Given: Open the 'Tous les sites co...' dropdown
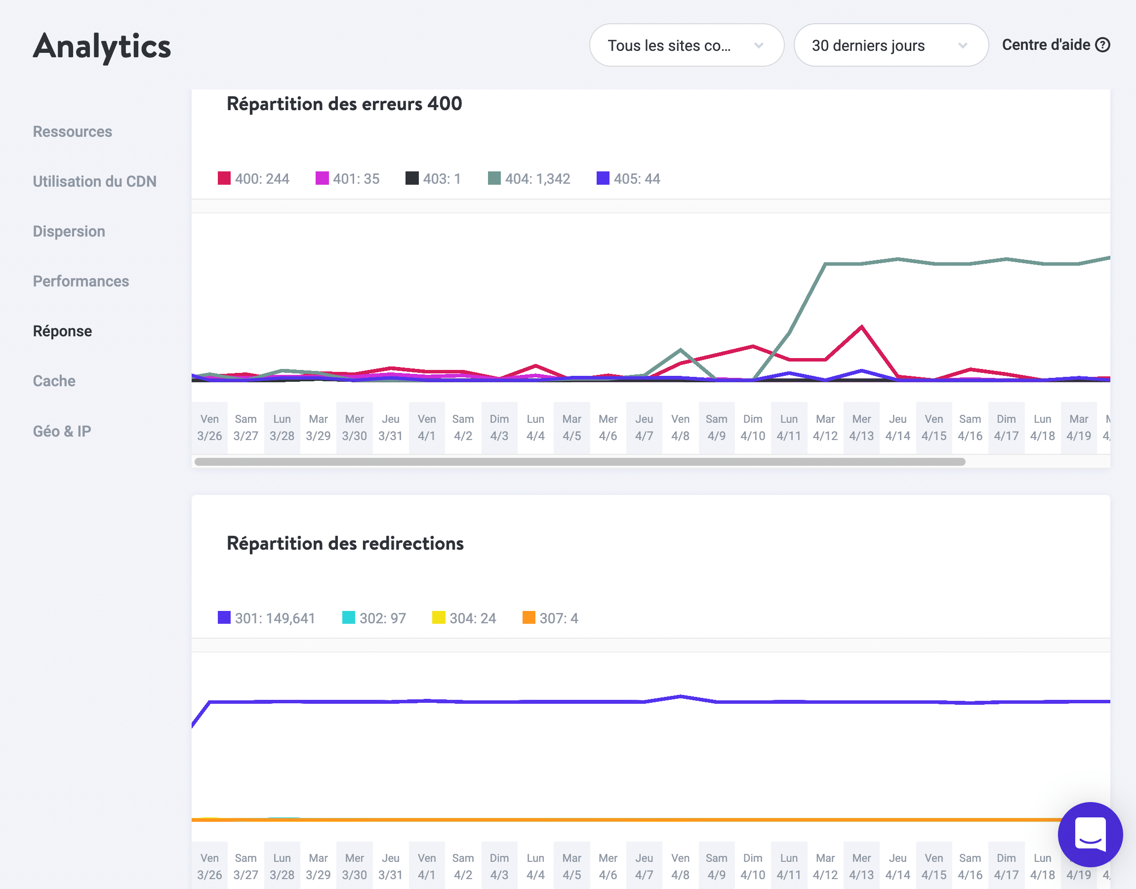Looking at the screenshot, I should pos(686,45).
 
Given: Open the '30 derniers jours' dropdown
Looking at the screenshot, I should pos(890,45).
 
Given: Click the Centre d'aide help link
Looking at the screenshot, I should pos(1055,45).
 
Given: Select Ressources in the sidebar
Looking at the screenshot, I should pos(72,132).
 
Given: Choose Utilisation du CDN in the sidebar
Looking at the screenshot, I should pos(94,181).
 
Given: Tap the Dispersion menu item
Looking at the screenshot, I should pos(69,231).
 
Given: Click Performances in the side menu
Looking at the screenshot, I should pos(81,281).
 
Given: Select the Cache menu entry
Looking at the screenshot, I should pos(54,381).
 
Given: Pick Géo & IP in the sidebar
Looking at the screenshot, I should pos(62,431).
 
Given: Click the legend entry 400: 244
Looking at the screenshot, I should pos(253,178).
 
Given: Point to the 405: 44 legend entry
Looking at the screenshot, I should pos(628,178).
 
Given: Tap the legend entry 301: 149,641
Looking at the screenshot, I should pos(266,618).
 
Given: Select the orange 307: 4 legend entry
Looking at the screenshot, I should pos(550,618).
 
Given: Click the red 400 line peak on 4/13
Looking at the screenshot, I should pos(861,327).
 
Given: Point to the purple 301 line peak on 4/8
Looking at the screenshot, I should pos(680,696).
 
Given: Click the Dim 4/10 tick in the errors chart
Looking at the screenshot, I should pos(752,427).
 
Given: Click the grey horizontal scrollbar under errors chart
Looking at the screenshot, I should pos(579,462).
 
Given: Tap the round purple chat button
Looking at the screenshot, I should pos(1090,834).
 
